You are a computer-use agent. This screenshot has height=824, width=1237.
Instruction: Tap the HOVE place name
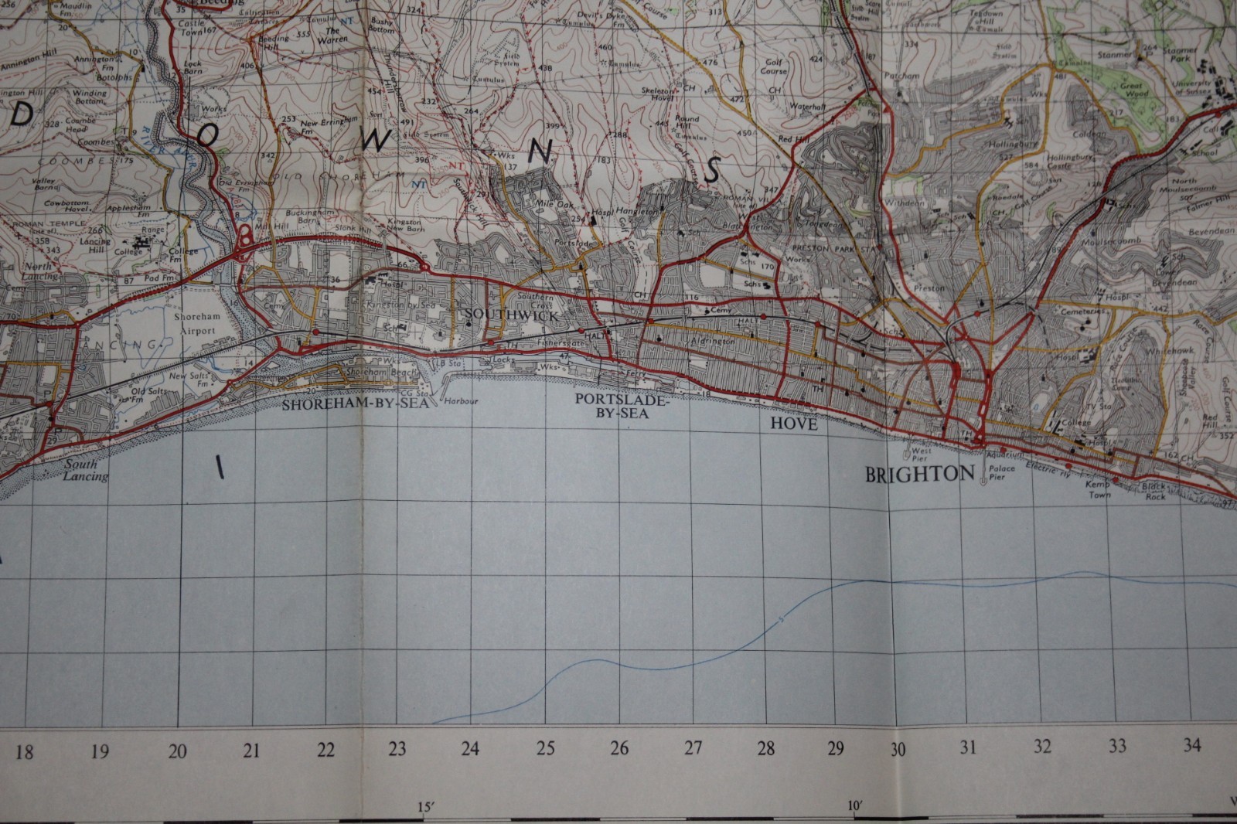tap(793, 424)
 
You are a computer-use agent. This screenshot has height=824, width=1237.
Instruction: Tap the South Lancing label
tap(86, 471)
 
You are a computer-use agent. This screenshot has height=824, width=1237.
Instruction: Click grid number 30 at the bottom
tap(897, 749)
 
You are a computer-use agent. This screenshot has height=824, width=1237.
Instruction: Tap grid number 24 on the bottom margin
tap(470, 748)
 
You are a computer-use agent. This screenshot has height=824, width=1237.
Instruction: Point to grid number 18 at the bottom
tap(25, 751)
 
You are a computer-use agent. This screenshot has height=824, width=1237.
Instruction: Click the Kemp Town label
tap(1099, 489)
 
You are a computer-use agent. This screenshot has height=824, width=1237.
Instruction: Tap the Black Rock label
tap(1155, 492)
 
